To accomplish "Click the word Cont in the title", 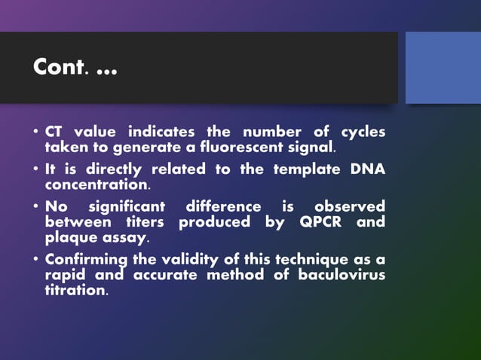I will pyautogui.click(x=57, y=68).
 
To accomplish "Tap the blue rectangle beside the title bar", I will pyautogui.click(x=443, y=68).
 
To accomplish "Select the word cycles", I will pyautogui.click(x=363, y=132).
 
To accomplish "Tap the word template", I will pyautogui.click(x=305, y=169).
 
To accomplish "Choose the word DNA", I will pyautogui.click(x=367, y=169).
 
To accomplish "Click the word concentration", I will pyautogui.click(x=97, y=184).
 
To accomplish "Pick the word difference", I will pyautogui.click(x=223, y=207).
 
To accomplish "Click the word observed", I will pyautogui.click(x=349, y=207).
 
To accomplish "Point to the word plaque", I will pyautogui.click(x=69, y=238).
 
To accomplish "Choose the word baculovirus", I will pyautogui.click(x=341, y=276).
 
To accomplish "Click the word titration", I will pyautogui.click(x=75, y=290).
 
